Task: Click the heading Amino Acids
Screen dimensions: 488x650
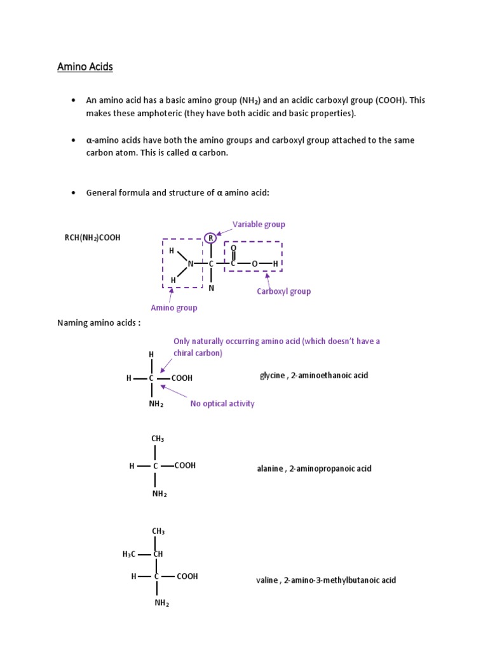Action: (x=85, y=67)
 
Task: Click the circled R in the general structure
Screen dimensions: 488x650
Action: (x=210, y=239)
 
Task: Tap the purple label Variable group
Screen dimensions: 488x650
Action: (x=259, y=224)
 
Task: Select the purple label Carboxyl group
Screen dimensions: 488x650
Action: (x=283, y=291)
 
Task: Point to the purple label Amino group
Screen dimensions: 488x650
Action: (x=173, y=308)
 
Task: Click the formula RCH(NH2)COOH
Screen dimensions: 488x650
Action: (x=92, y=237)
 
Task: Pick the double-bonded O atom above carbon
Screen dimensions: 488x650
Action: (x=233, y=248)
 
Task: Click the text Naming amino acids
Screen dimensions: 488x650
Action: (x=98, y=323)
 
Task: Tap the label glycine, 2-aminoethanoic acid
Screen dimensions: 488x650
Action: (x=314, y=375)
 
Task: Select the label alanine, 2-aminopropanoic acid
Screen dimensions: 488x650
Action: (x=313, y=468)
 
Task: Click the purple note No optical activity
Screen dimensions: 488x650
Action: (x=222, y=404)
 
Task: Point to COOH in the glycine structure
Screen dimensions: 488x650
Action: (x=182, y=378)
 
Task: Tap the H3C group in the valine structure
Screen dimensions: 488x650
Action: (x=130, y=554)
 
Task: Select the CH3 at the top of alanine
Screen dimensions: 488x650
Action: (x=158, y=439)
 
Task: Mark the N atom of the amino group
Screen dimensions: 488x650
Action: (x=190, y=263)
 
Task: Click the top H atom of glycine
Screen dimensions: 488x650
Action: (x=151, y=354)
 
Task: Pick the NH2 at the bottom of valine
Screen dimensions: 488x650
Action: (x=161, y=604)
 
